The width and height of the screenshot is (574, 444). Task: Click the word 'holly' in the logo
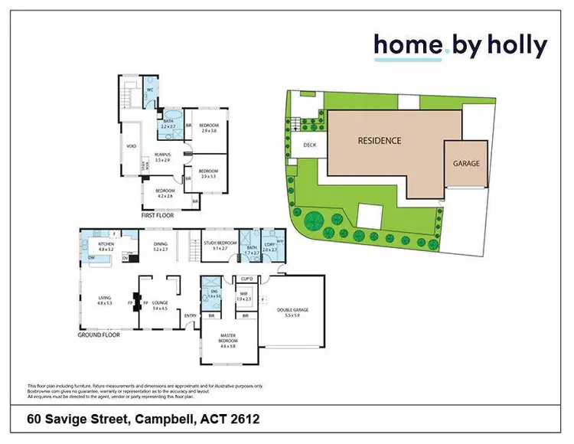click(514, 47)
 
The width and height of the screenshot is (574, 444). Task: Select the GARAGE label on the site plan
click(466, 163)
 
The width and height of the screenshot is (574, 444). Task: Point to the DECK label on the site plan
click(309, 145)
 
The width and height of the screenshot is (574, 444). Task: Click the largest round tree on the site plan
click(314, 222)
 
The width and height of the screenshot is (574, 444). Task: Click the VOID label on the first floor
click(131, 147)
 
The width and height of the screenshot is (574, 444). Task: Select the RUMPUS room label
click(161, 155)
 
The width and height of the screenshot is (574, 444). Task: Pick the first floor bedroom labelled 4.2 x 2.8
click(165, 191)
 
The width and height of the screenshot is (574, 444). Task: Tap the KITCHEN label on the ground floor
click(106, 244)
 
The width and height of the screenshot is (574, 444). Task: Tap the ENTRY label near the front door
click(190, 315)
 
